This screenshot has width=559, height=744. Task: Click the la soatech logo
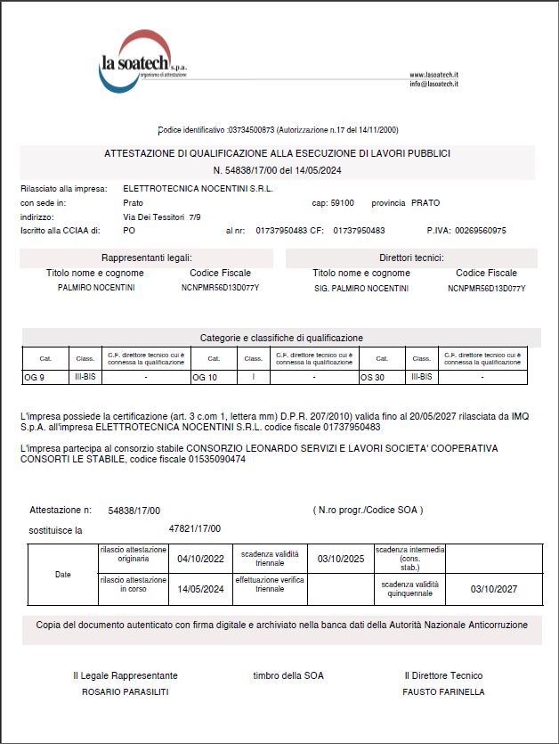click(x=142, y=62)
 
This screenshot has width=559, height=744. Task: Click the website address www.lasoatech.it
click(x=433, y=75)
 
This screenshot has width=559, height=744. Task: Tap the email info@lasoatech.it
click(x=433, y=84)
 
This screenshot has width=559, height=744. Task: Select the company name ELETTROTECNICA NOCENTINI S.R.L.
click(x=198, y=189)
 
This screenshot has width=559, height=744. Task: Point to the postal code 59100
click(x=342, y=203)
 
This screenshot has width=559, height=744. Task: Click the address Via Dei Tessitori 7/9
click(x=162, y=217)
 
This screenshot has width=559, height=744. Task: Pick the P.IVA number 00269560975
click(x=481, y=231)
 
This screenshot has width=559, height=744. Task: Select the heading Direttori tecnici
click(x=411, y=258)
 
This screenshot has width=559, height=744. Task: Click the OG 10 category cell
click(x=206, y=378)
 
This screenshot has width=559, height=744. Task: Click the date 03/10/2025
click(x=341, y=560)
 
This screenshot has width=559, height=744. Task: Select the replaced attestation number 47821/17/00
click(x=195, y=528)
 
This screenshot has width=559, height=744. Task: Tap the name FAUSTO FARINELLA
click(x=443, y=691)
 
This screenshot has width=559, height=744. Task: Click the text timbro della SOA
click(x=288, y=675)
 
